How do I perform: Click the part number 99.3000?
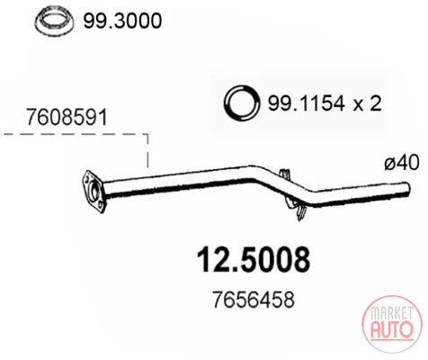(122, 22)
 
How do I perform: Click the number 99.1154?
(306, 103)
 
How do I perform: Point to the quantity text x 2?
(367, 103)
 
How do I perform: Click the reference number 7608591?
(67, 117)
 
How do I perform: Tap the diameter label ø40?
(402, 164)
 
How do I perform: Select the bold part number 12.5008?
(254, 259)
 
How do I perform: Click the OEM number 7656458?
(254, 300)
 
